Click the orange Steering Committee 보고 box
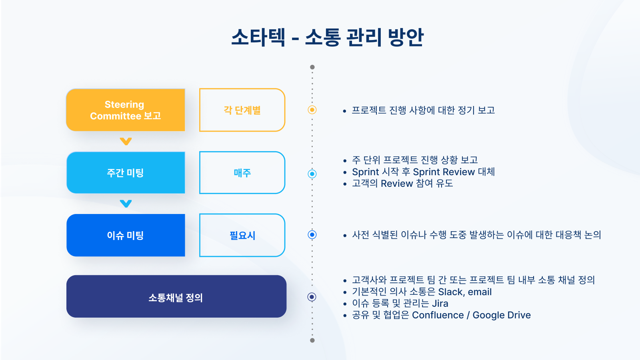tap(125, 110)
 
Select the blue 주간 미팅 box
tap(125, 173)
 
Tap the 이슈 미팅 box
tap(125, 235)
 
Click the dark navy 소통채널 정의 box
tap(176, 297)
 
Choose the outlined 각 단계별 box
tap(242, 110)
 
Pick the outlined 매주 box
tap(242, 173)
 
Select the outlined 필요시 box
tap(242, 235)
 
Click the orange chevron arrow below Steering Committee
tap(126, 141)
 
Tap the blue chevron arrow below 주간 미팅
tap(126, 204)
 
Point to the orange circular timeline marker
tap(312, 110)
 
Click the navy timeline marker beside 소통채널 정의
tap(312, 297)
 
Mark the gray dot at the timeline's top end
tap(312, 67)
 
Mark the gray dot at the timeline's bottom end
tap(312, 340)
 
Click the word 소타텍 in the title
tap(258, 37)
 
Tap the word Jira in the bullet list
tap(440, 304)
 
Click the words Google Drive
tap(502, 315)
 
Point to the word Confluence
tap(438, 315)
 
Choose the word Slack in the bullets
tap(450, 292)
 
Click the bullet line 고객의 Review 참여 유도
tap(402, 184)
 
